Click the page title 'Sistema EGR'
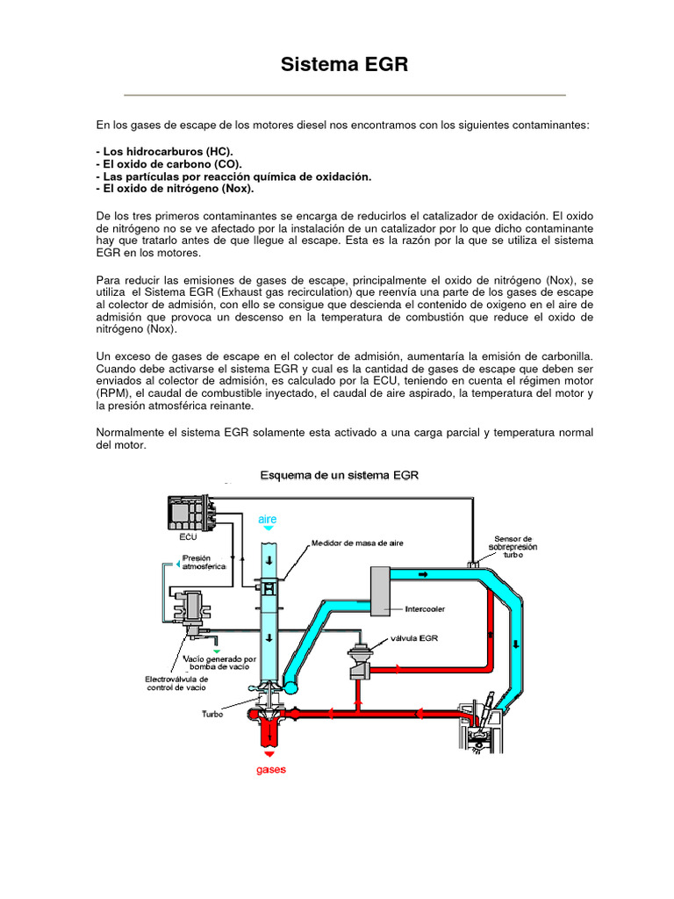344,65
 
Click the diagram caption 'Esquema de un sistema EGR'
340,475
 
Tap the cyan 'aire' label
268,520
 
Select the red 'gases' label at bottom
270,770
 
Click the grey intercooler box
381,591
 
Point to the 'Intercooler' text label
427,608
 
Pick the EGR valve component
360,661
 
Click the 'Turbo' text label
212,714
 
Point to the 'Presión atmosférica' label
204,561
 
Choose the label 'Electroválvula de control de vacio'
176,683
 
